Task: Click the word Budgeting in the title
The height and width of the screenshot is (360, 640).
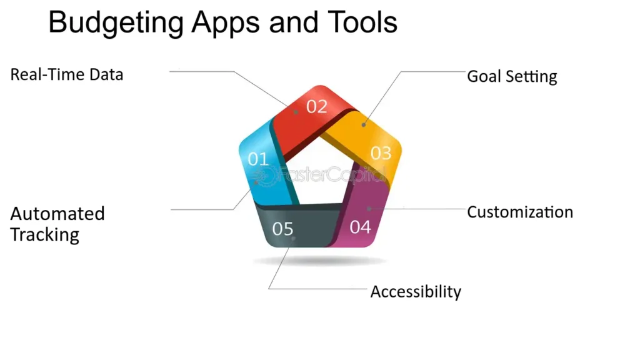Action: (x=116, y=23)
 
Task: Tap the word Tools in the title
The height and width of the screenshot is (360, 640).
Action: (x=362, y=22)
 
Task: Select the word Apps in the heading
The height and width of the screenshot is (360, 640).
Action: (x=226, y=23)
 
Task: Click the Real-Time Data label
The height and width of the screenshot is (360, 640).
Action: (x=66, y=75)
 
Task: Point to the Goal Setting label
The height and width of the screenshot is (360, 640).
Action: (x=512, y=77)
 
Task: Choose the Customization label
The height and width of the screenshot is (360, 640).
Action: (x=520, y=212)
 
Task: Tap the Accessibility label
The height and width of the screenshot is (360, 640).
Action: (x=416, y=292)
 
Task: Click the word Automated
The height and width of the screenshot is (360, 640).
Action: (x=57, y=214)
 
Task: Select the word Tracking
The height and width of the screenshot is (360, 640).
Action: (x=44, y=235)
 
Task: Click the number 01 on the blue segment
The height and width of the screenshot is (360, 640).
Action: (x=258, y=159)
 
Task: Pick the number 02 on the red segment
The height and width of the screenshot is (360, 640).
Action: (x=317, y=106)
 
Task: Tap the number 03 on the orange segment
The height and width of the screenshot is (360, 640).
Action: (x=381, y=153)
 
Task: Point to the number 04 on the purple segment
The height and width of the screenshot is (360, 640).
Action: (x=360, y=227)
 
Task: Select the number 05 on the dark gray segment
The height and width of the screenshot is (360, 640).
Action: (x=283, y=229)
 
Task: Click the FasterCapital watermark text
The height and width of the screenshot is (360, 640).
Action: (x=322, y=175)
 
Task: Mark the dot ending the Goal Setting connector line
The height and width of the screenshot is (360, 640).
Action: (x=363, y=124)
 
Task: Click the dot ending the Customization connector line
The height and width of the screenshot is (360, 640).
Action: (x=369, y=209)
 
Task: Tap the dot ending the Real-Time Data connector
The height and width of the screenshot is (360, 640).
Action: (x=296, y=111)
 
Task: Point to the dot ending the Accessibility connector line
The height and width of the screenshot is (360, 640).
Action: (x=293, y=238)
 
